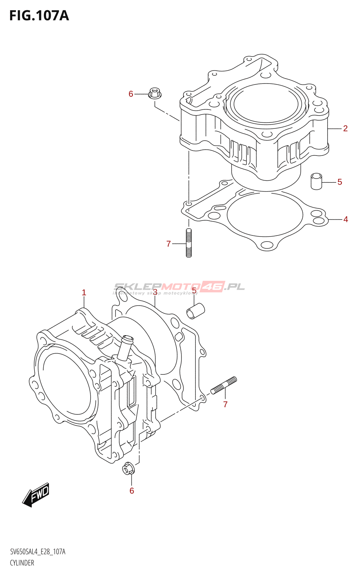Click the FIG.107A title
pos(39,15)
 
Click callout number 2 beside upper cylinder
pos(345,128)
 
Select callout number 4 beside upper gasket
pos(346,219)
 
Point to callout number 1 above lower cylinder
pos(84,293)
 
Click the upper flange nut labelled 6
pos(155,93)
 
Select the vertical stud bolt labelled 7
pos(189,243)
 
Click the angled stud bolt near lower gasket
pos(224,385)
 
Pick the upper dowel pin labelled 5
pos(316,181)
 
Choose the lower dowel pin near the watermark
pos(195,311)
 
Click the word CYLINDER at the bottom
pos(22,563)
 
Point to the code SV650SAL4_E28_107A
pos(38,552)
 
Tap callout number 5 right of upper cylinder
pos(339,182)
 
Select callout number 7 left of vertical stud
pos(168,244)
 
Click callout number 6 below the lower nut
pos(132,491)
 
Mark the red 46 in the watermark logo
pos(213,287)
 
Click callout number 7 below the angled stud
pos(225,404)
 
